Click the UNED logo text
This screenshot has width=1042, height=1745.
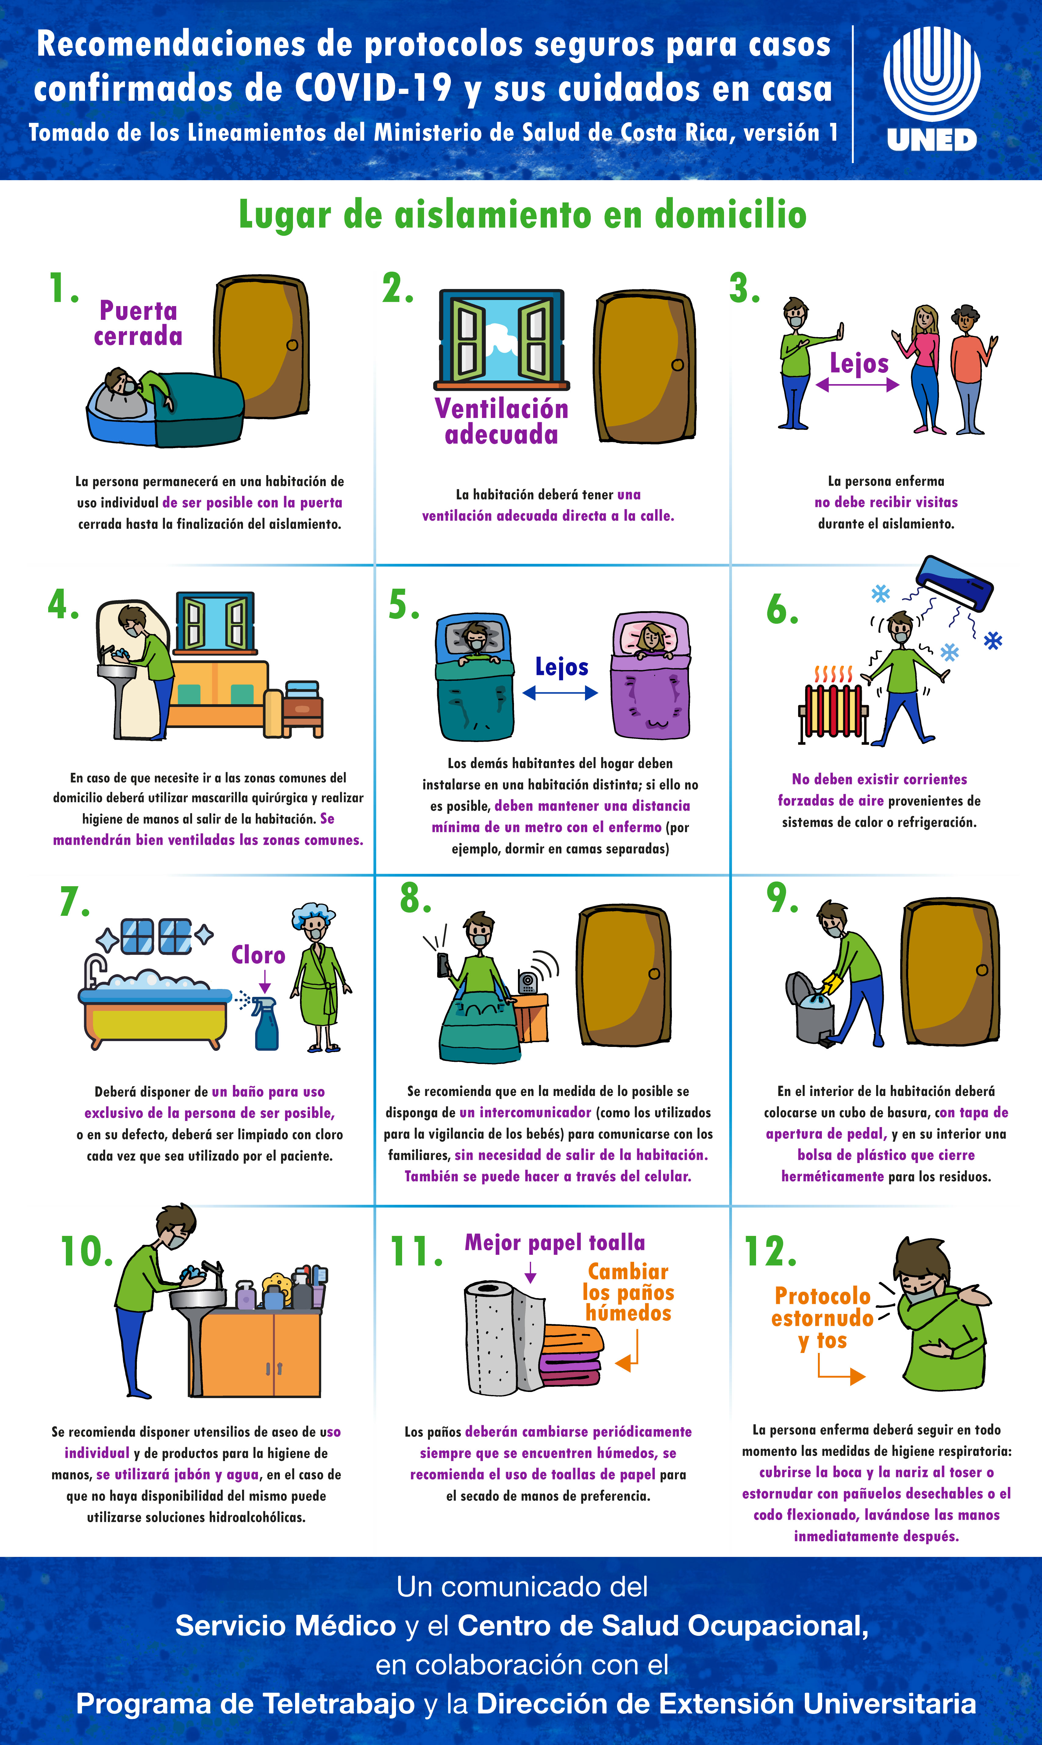coord(932,140)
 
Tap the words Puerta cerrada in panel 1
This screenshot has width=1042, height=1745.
coord(138,323)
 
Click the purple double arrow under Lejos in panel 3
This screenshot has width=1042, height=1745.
coord(857,385)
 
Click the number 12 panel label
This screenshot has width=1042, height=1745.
coord(770,1251)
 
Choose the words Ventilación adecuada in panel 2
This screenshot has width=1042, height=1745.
coord(501,421)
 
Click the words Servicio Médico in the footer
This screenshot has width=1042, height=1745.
coord(286,1626)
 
